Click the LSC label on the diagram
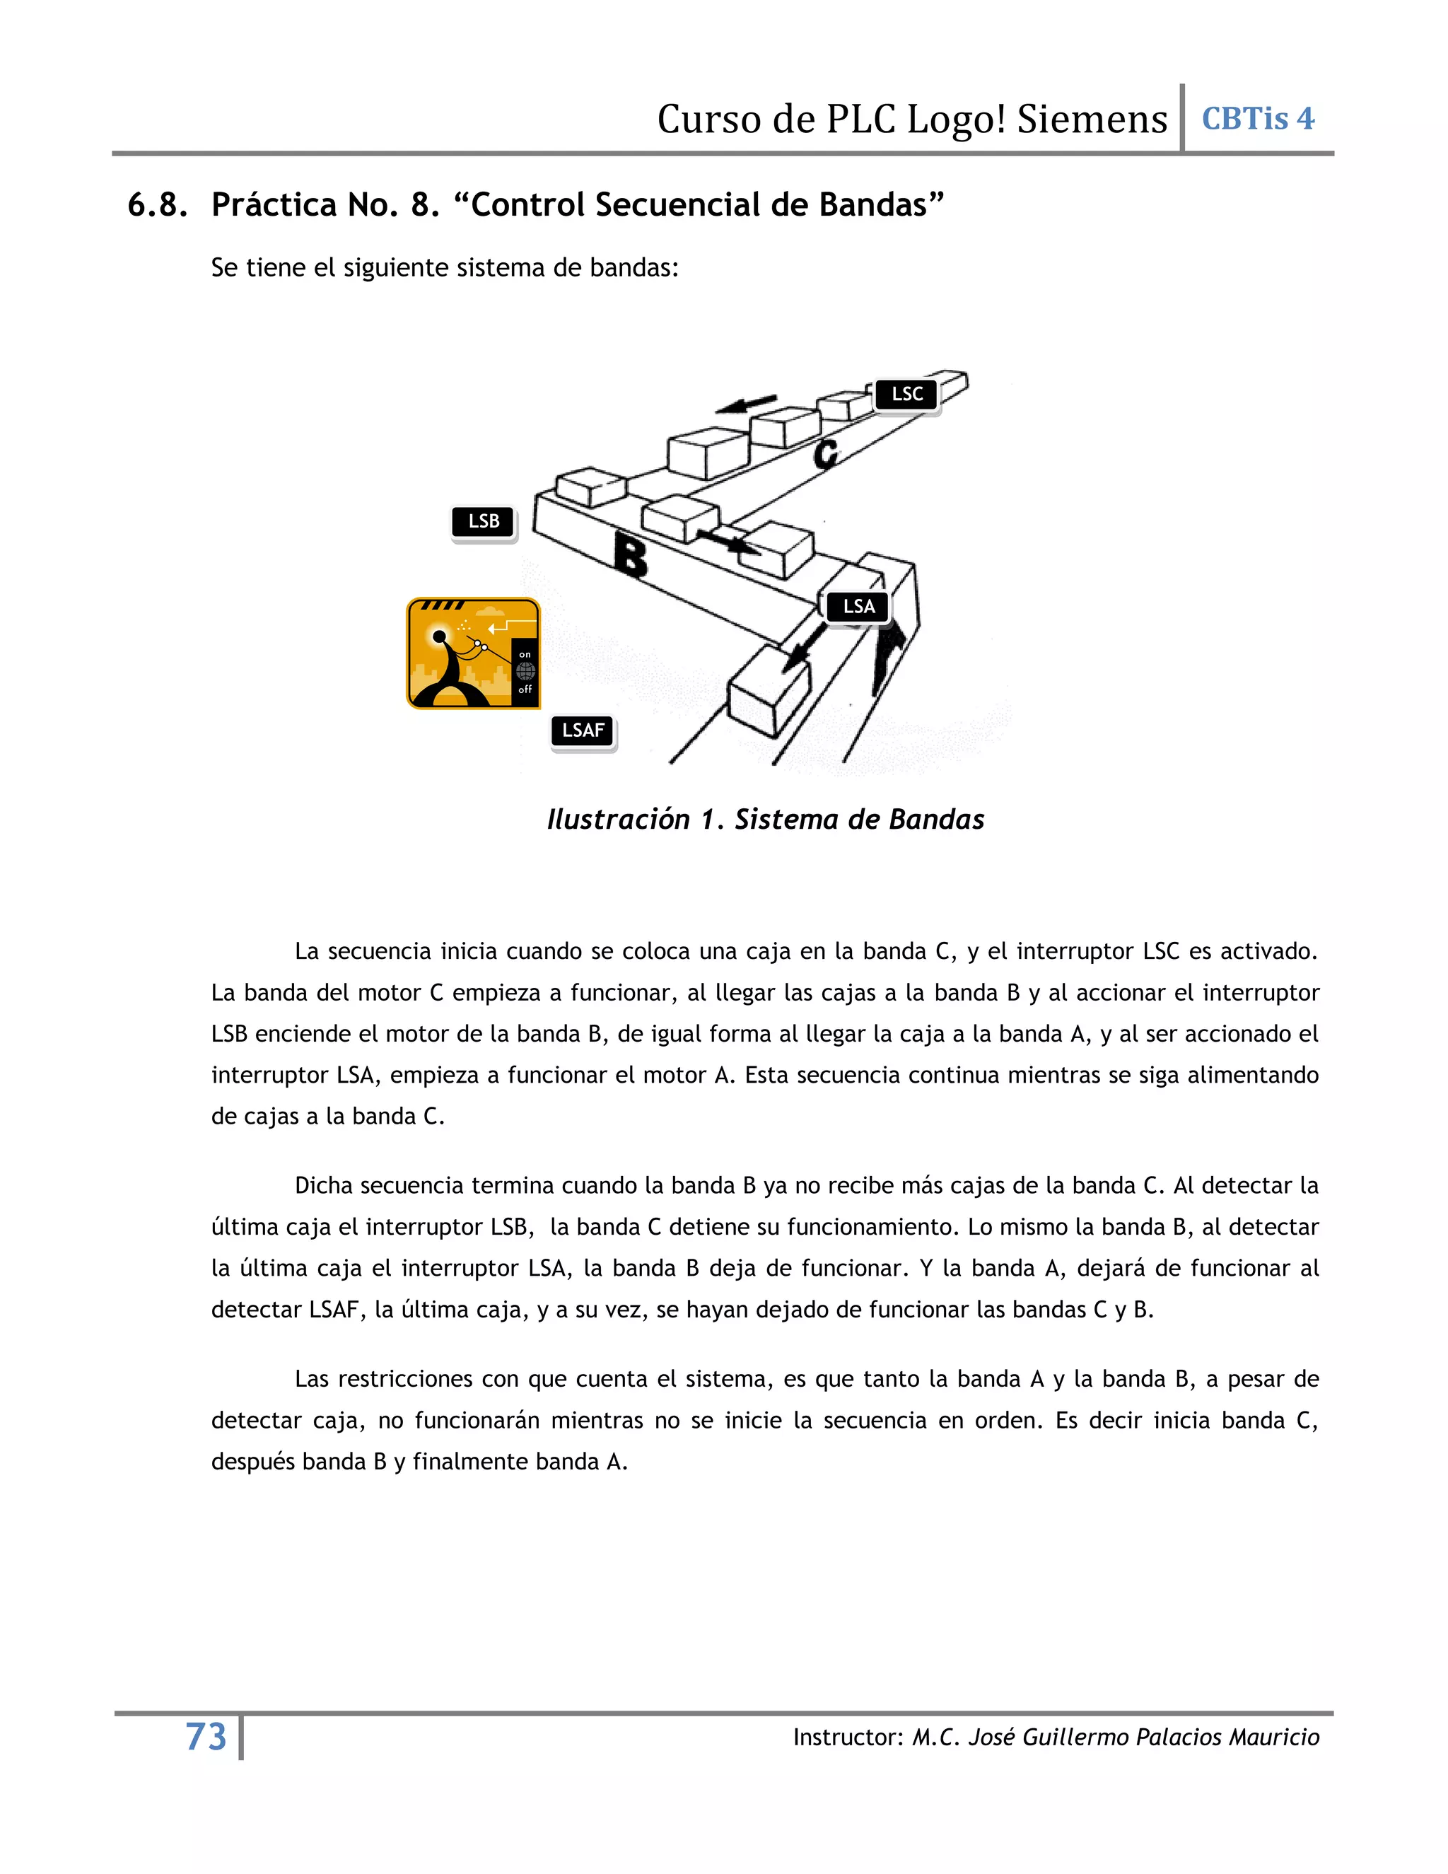[906, 395]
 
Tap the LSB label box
[484, 522]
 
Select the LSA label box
[858, 607]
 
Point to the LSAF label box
[583, 731]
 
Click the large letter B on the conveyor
[632, 556]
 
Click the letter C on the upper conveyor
[826, 454]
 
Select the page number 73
[206, 1737]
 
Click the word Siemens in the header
[1092, 120]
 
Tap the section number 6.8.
[157, 205]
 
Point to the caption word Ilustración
[618, 820]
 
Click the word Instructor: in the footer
[846, 1738]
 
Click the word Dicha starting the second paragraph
[325, 1186]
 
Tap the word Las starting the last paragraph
[313, 1379]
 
